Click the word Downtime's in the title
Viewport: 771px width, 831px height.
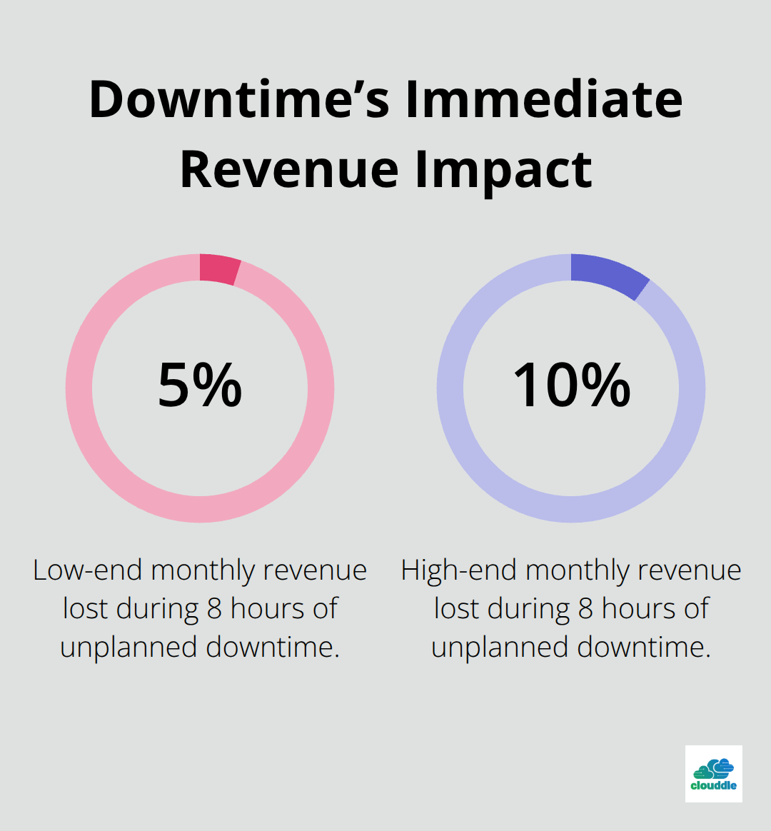239,100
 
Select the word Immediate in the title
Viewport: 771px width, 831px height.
544,100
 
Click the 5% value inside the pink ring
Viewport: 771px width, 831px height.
200,386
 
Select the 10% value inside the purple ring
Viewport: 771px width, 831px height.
571,386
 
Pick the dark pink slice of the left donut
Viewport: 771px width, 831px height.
219,270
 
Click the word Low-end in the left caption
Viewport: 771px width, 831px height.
89,570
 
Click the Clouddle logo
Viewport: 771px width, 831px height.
713,774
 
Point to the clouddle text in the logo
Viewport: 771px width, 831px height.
713,785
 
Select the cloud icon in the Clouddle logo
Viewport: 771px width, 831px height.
713,768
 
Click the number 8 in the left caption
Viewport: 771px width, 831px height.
214,609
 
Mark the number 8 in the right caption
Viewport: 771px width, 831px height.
585,609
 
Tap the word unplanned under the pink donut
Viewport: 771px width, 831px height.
129,648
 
